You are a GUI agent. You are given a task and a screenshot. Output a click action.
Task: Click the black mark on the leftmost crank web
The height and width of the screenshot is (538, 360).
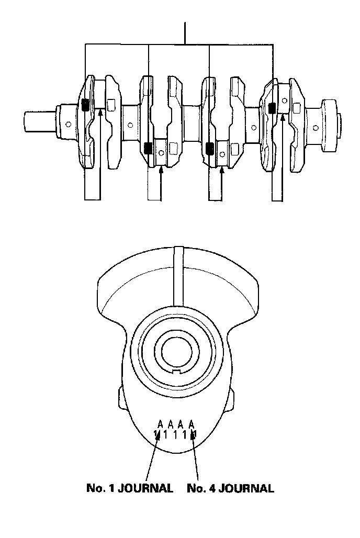pyautogui.click(x=85, y=105)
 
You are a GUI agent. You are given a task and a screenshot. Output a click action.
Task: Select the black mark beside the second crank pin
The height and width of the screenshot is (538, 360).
pyautogui.click(x=149, y=148)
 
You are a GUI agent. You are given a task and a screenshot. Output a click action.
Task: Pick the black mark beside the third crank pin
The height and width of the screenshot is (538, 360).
pyautogui.click(x=209, y=148)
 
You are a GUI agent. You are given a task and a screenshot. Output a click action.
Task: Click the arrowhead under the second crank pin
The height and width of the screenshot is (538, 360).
pyautogui.click(x=161, y=169)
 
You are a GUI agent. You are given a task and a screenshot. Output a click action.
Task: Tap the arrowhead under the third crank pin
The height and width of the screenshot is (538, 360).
pyautogui.click(x=222, y=169)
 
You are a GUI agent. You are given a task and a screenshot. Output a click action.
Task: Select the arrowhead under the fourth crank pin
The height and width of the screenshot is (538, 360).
pyautogui.click(x=282, y=118)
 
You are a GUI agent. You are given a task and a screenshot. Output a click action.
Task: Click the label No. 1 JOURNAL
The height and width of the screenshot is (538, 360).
pyautogui.click(x=130, y=488)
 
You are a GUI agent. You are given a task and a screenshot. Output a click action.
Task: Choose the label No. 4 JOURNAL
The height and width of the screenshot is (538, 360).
pyautogui.click(x=231, y=488)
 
